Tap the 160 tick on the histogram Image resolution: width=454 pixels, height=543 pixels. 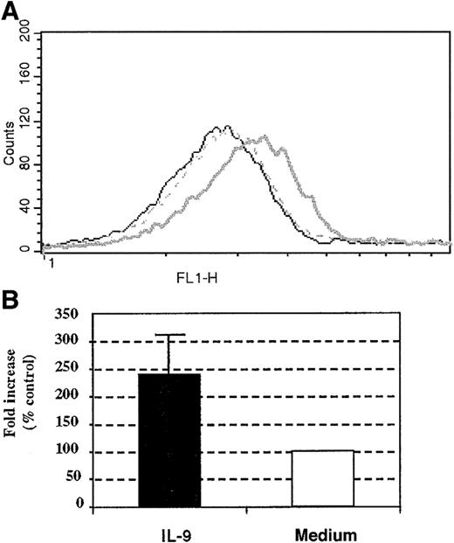click(x=24, y=77)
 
